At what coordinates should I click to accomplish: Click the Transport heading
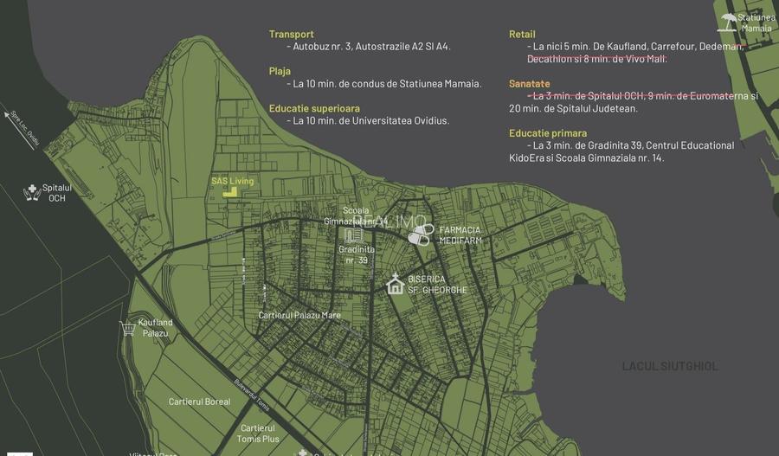[292, 35]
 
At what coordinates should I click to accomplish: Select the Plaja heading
[280, 71]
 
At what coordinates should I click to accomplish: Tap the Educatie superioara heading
[314, 108]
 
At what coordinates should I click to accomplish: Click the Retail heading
[522, 35]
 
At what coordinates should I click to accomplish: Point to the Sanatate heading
[530, 84]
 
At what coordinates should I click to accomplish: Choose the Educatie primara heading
[548, 133]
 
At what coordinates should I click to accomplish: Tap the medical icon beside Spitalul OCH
[32, 192]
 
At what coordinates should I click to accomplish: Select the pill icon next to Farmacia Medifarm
[421, 234]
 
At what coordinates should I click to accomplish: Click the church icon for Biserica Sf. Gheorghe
[395, 284]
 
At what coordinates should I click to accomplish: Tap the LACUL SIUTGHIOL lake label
[670, 366]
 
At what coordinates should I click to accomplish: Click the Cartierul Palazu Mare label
[299, 315]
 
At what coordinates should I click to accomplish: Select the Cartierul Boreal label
[199, 401]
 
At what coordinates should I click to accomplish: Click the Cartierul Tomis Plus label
[258, 433]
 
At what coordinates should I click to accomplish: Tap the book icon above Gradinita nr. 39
[352, 234]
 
